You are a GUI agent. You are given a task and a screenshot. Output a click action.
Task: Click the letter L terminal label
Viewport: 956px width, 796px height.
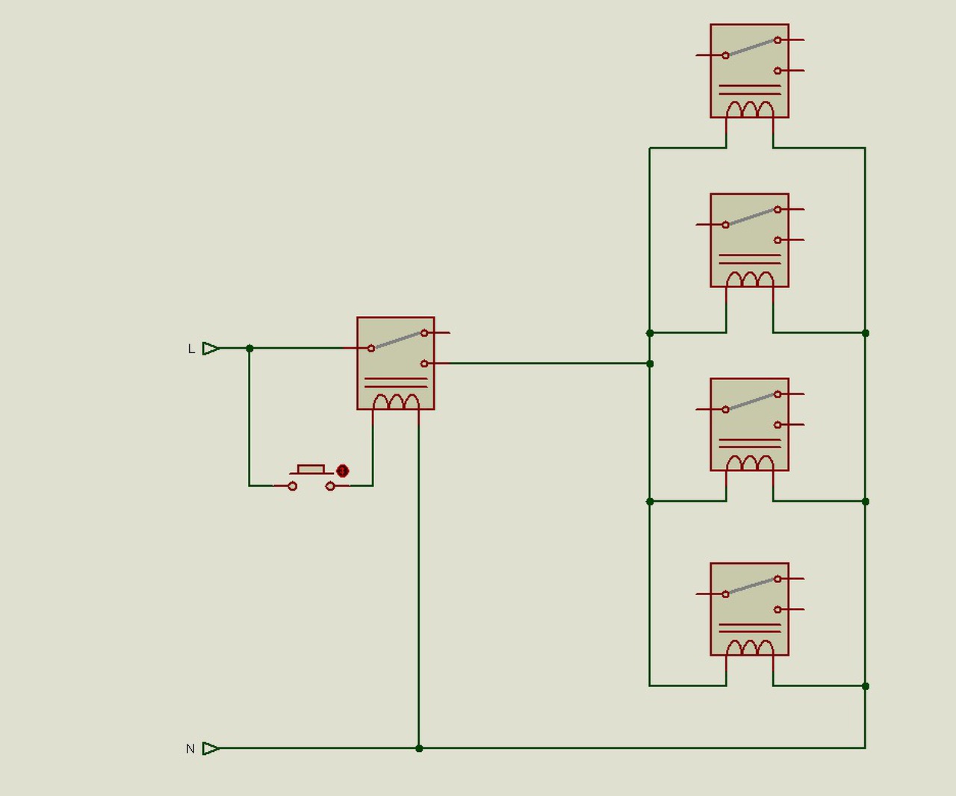[x=191, y=349]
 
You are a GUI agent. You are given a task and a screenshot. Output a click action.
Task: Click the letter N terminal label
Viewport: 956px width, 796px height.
[x=190, y=749]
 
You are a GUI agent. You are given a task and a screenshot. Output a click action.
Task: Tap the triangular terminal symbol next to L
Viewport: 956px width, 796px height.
[x=211, y=348]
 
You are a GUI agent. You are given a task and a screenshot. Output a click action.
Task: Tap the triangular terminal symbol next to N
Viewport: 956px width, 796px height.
[x=211, y=748]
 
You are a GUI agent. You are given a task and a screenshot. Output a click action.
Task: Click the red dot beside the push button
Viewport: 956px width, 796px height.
[x=342, y=471]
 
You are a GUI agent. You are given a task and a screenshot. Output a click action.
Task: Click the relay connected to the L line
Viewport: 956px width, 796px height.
[x=395, y=363]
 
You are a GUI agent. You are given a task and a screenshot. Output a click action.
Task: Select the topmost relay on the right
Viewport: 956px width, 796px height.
[x=749, y=70]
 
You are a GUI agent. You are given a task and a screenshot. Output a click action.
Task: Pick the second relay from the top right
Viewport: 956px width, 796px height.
[x=749, y=240]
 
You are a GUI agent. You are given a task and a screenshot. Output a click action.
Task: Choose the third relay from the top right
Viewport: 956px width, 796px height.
[x=749, y=424]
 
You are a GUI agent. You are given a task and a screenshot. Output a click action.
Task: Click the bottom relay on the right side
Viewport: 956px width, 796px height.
[x=749, y=609]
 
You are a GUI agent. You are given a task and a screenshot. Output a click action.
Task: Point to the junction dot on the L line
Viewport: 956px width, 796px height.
[x=249, y=348]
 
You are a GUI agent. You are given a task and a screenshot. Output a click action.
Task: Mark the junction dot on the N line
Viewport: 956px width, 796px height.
[x=419, y=748]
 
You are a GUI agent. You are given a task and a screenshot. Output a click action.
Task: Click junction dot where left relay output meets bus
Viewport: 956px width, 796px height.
[x=650, y=364]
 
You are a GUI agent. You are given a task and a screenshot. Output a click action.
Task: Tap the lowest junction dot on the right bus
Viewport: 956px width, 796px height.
[x=865, y=685]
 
